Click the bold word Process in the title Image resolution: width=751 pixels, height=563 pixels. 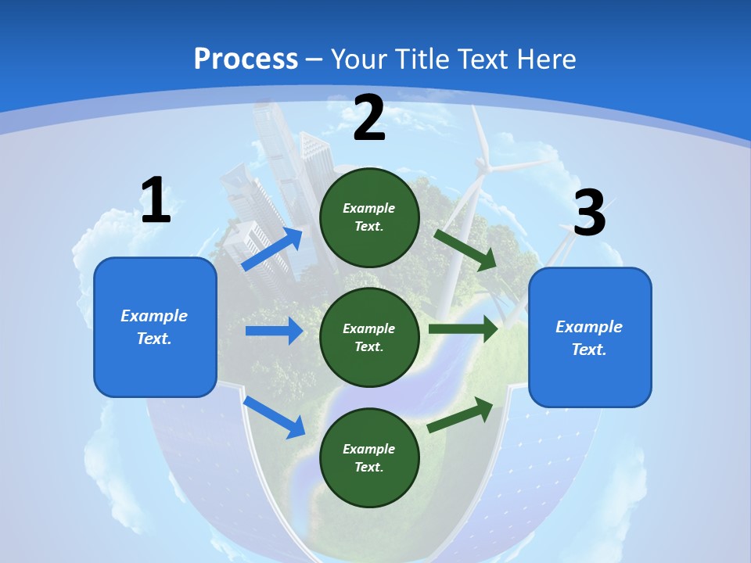246,59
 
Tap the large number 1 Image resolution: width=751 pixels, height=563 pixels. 156,201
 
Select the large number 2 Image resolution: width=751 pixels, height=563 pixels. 369,119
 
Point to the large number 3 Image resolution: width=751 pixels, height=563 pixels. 590,213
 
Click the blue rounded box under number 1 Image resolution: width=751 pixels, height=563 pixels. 155,327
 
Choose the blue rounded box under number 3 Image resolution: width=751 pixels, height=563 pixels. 590,337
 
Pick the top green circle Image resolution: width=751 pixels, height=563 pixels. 370,217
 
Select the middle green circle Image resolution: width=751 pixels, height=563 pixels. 370,337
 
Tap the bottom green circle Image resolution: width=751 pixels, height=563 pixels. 370,457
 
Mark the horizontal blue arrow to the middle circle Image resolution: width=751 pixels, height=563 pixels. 274,331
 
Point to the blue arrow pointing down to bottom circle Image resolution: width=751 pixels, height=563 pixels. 274,417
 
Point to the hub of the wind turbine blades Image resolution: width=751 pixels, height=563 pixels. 484,166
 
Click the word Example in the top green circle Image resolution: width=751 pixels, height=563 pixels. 369,208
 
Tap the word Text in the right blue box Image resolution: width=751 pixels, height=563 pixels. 588,350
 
